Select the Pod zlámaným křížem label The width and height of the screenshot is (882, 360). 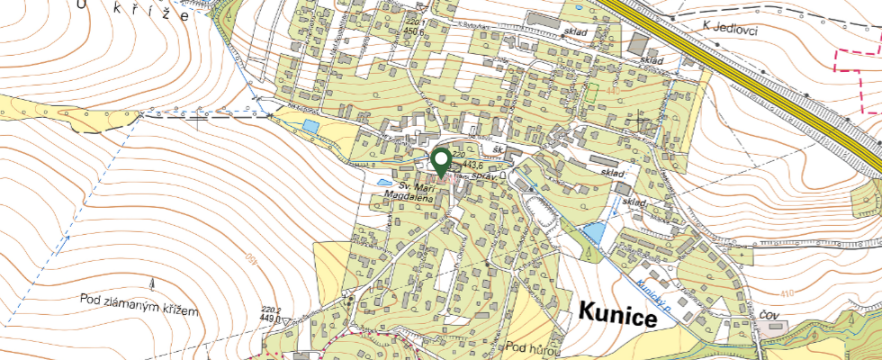pos(138,303)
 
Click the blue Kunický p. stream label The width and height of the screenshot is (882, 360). pos(658,296)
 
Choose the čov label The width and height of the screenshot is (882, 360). pos(768,316)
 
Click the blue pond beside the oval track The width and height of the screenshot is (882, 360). pos(593,235)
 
